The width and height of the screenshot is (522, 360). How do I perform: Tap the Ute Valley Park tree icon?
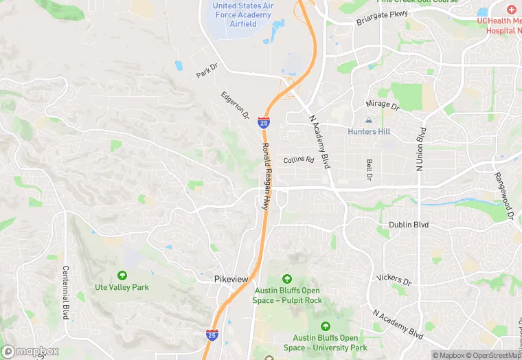click(122, 275)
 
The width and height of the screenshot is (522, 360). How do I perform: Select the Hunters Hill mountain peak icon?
click(368, 121)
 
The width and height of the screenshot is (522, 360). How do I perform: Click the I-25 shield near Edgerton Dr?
click(264, 122)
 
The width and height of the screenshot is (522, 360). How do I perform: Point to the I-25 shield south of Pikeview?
click(212, 335)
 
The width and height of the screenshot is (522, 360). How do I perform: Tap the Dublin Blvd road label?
click(408, 225)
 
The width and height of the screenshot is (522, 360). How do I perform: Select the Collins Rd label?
click(299, 159)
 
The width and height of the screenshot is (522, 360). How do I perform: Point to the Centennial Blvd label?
click(66, 292)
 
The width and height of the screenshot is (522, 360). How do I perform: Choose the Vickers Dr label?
click(394, 280)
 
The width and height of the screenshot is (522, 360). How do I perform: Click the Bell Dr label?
click(369, 170)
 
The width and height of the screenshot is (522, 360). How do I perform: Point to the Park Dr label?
click(206, 71)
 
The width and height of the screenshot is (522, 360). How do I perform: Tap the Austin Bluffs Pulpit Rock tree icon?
click(287, 279)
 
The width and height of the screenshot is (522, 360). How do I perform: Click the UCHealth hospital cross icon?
click(511, 9)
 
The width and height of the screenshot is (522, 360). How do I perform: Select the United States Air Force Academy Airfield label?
click(244, 15)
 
